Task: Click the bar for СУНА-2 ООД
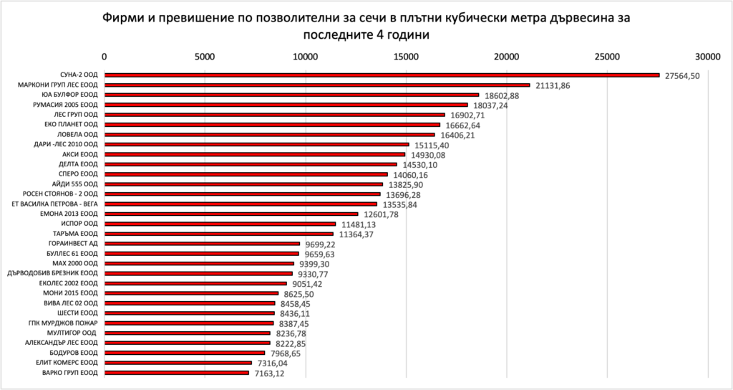[382, 75]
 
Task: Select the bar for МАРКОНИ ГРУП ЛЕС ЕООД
[317, 85]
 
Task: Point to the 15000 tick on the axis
[407, 57]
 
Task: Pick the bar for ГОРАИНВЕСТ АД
[202, 244]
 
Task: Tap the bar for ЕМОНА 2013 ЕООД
[231, 214]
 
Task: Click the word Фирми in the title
[127, 16]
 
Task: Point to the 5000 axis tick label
[205, 57]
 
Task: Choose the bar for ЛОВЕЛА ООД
[269, 134]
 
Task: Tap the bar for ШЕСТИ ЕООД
[189, 313]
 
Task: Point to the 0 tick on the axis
[105, 57]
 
